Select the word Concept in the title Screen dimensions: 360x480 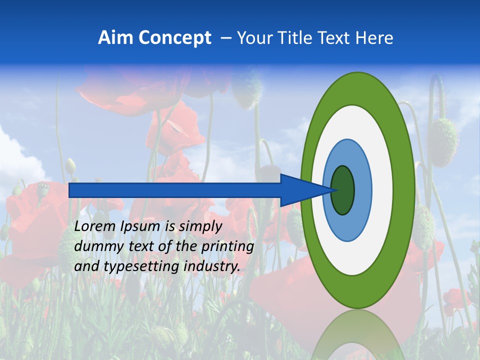click(x=174, y=38)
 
